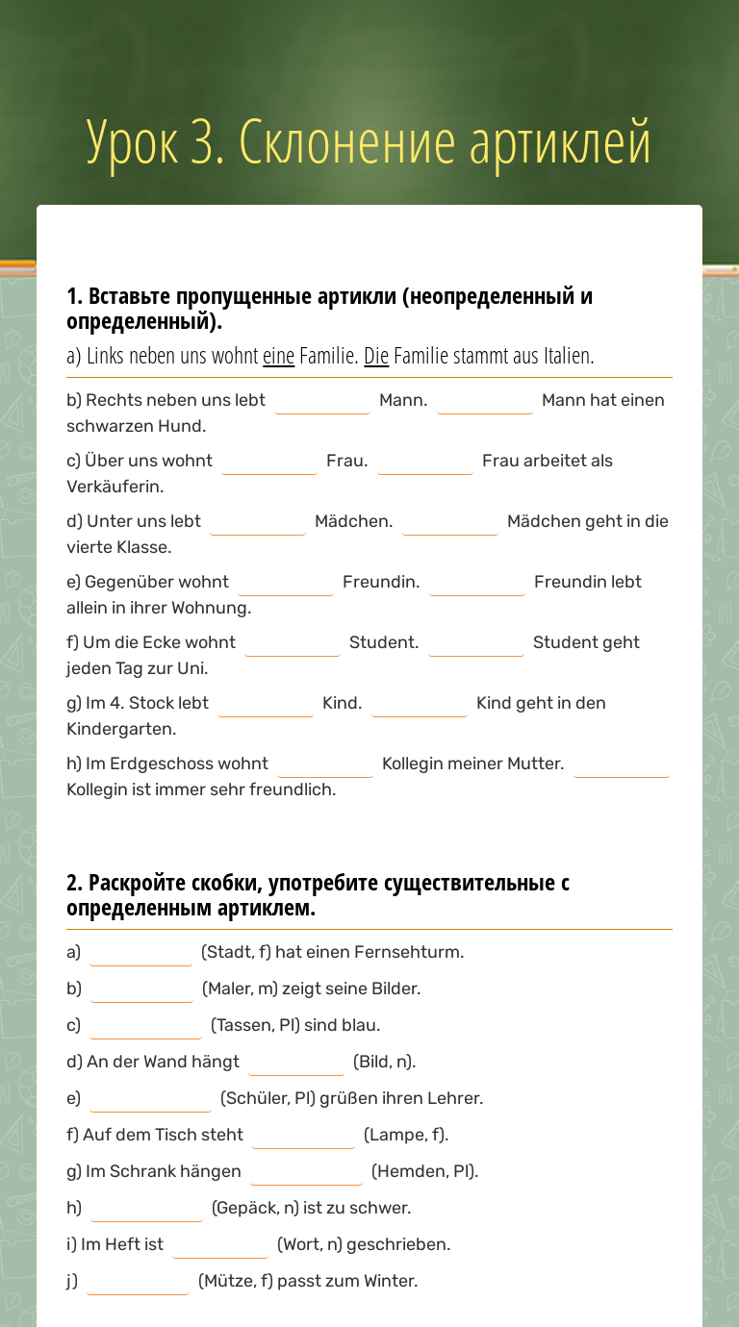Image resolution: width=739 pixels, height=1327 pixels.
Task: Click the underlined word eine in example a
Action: point(278,356)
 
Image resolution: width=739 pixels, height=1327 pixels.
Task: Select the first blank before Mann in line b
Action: point(322,401)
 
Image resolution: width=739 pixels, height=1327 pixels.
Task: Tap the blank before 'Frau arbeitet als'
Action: point(424,462)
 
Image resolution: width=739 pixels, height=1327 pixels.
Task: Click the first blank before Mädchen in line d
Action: point(258,522)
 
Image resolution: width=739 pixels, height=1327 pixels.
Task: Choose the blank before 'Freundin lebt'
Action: point(477,583)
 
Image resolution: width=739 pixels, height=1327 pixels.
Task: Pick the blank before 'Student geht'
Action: point(476,643)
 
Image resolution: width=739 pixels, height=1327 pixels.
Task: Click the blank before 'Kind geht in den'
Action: point(420,704)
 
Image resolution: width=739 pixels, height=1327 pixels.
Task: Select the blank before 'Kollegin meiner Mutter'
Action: point(325,764)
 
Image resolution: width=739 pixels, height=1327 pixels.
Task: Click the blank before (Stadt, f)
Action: point(140,953)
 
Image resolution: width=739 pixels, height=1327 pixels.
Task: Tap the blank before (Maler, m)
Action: point(141,989)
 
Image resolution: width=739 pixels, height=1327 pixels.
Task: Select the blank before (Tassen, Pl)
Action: point(145,1026)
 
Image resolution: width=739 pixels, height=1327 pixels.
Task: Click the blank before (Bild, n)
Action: point(296,1063)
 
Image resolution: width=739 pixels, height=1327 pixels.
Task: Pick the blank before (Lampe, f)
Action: point(304,1136)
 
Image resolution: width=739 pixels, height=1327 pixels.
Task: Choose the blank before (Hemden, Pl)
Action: point(306,1172)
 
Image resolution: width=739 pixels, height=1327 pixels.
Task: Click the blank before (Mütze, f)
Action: point(139,1282)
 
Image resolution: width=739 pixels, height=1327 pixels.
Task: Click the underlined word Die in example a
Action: point(376,356)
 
